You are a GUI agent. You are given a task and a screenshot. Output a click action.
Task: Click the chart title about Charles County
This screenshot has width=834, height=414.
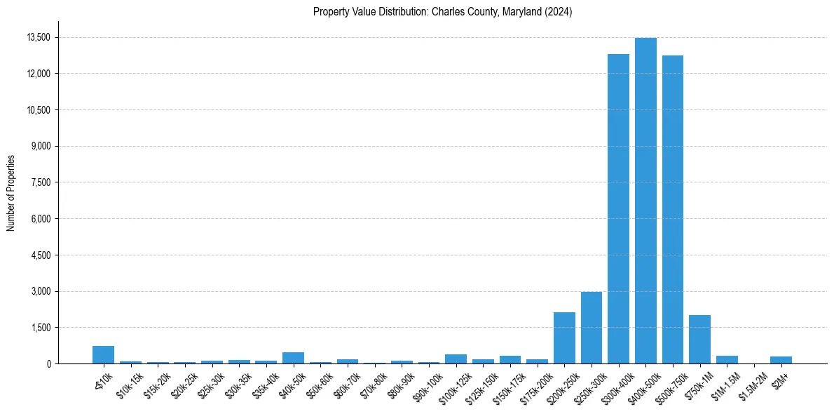442,11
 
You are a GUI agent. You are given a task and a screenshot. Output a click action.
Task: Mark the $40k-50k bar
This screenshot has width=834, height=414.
293,358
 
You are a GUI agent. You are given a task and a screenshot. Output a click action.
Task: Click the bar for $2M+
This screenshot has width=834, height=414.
781,360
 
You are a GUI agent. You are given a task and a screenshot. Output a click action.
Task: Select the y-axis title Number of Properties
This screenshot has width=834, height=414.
11,193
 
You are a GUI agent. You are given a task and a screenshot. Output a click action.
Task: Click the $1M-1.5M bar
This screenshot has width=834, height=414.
727,359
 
